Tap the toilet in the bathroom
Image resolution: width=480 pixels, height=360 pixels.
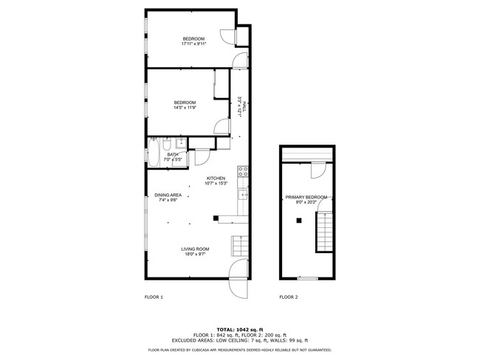tap(168, 143)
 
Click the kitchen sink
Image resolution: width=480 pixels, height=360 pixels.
tap(242, 195)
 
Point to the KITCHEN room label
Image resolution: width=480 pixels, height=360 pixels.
tap(216, 178)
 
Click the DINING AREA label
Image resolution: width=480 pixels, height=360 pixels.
tap(168, 195)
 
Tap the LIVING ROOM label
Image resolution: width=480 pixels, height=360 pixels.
tap(196, 249)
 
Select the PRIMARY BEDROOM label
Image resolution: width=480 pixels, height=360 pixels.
tap(306, 197)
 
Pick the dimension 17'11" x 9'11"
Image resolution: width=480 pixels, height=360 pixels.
tap(193, 44)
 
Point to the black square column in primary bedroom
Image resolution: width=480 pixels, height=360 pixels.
tap(298, 220)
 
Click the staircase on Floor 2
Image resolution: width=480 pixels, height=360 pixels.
tap(324, 231)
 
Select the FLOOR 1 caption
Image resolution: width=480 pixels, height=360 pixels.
tap(153, 297)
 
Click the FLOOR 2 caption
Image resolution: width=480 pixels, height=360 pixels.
tap(288, 297)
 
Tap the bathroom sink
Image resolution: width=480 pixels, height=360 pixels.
tap(182, 142)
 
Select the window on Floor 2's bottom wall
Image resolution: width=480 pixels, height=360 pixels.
tap(307, 278)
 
